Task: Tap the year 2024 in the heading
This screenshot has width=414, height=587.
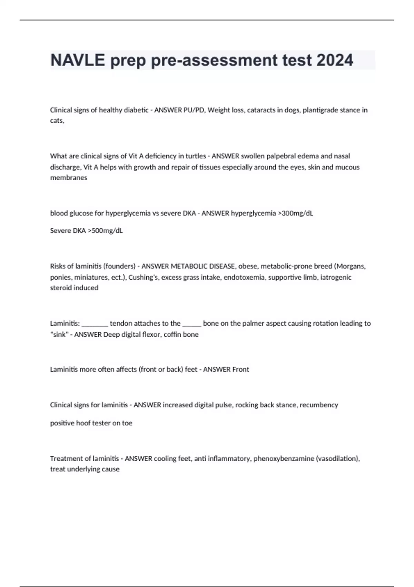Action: pyautogui.click(x=335, y=60)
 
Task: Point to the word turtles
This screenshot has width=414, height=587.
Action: pyautogui.click(x=196, y=156)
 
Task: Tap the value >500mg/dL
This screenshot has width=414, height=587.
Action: pyautogui.click(x=105, y=231)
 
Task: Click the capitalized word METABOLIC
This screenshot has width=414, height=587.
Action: pyautogui.click(x=188, y=266)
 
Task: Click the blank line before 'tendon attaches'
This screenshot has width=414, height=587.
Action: pyautogui.click(x=95, y=324)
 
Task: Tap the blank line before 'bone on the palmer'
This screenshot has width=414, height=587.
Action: pyautogui.click(x=191, y=324)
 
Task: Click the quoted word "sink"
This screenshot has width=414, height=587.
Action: pyautogui.click(x=59, y=335)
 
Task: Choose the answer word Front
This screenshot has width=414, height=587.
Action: pyautogui.click(x=240, y=369)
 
